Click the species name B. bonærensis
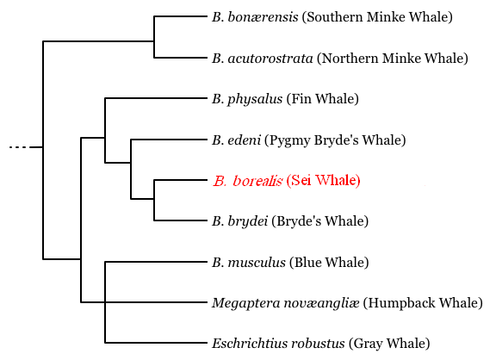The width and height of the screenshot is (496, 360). (x=255, y=16)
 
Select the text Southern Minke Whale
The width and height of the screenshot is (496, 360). (x=377, y=16)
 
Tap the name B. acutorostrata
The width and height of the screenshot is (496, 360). (x=263, y=59)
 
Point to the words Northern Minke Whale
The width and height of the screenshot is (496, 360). (x=393, y=59)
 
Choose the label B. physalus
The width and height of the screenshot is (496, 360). (x=247, y=99)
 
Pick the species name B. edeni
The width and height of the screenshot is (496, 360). (x=237, y=140)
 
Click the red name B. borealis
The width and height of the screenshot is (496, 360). (x=247, y=181)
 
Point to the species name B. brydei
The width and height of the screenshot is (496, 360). (x=240, y=221)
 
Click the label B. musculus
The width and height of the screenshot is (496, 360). (x=249, y=263)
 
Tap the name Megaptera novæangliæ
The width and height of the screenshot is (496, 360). (x=286, y=303)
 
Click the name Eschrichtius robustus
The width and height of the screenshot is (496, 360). (x=278, y=344)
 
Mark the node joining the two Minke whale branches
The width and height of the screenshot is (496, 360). (x=154, y=41)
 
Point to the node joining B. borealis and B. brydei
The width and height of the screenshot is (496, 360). (x=154, y=199)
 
